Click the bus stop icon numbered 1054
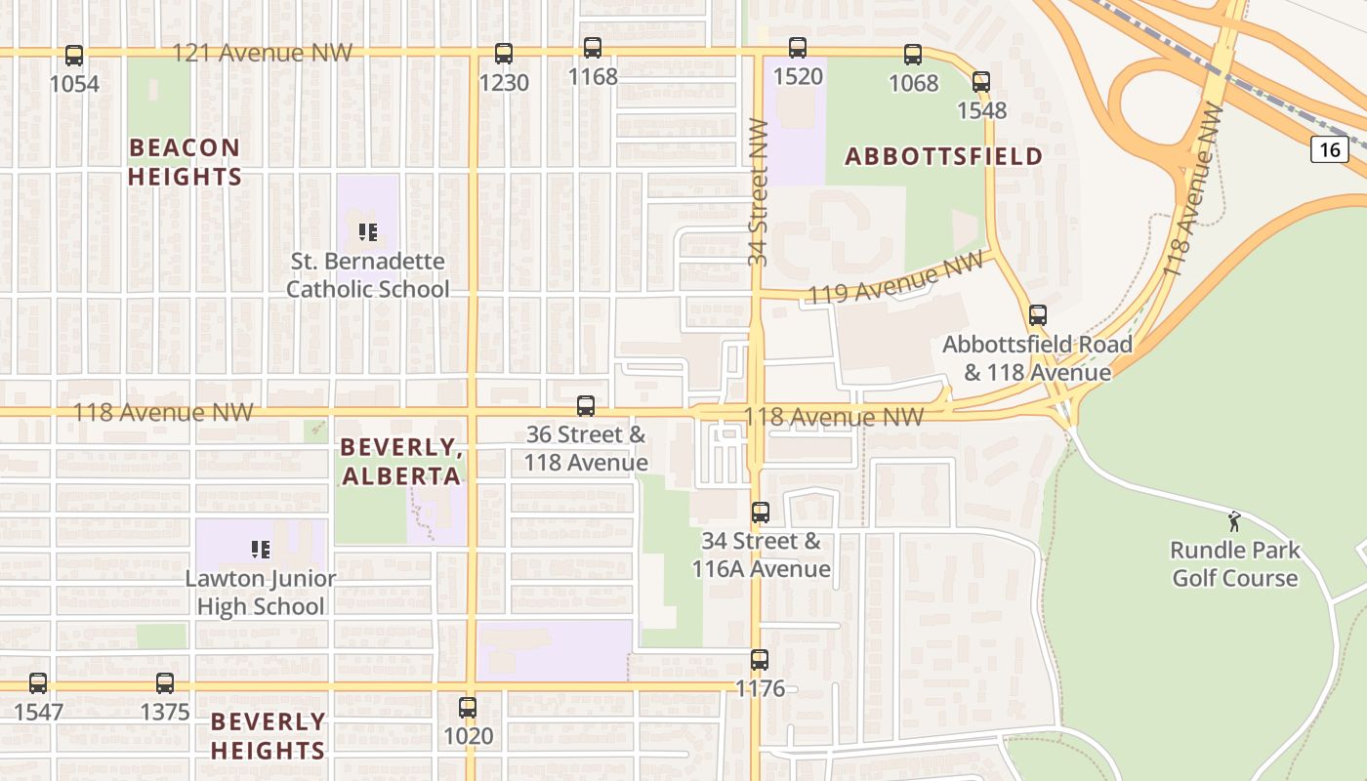click(x=74, y=56)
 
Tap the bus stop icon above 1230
click(x=504, y=54)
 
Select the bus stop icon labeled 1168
click(x=593, y=48)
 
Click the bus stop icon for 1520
click(x=798, y=48)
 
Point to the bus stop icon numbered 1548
click(x=981, y=82)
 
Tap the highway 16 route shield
click(x=1330, y=149)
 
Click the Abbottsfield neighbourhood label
click(x=943, y=156)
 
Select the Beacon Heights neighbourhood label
click(x=185, y=162)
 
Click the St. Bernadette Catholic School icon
click(x=368, y=232)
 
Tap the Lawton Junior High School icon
click(x=260, y=550)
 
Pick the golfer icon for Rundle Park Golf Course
click(x=1234, y=521)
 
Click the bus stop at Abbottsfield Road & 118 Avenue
click(x=1037, y=315)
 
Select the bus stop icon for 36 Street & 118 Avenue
click(x=586, y=405)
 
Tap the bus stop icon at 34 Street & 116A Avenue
click(x=761, y=512)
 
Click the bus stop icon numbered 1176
click(x=760, y=660)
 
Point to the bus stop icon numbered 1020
click(x=469, y=707)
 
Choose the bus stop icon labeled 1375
click(x=165, y=683)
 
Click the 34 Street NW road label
click(x=759, y=191)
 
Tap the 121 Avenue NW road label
click(x=262, y=53)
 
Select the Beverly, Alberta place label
click(x=400, y=462)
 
